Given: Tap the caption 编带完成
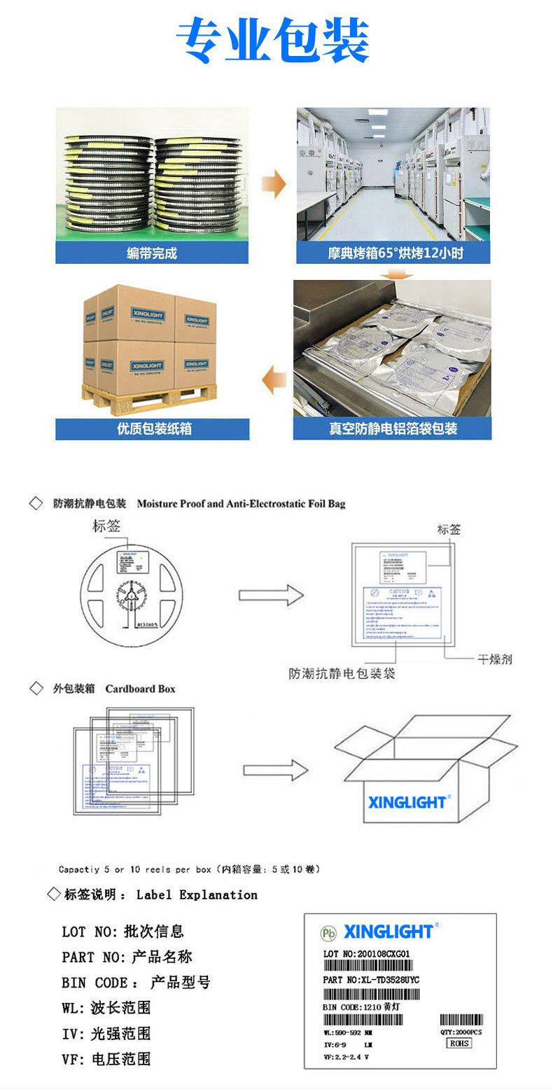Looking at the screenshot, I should [152, 253].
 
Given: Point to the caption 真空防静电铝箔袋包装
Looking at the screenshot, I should [393, 429].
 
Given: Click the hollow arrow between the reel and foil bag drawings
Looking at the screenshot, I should [269, 595].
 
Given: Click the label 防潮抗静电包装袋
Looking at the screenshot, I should [342, 674].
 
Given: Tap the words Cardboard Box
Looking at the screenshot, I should [140, 689].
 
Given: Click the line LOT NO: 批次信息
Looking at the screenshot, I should [122, 932].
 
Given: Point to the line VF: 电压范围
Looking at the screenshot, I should [106, 1059].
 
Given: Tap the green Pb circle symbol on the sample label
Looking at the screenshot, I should [328, 933].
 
